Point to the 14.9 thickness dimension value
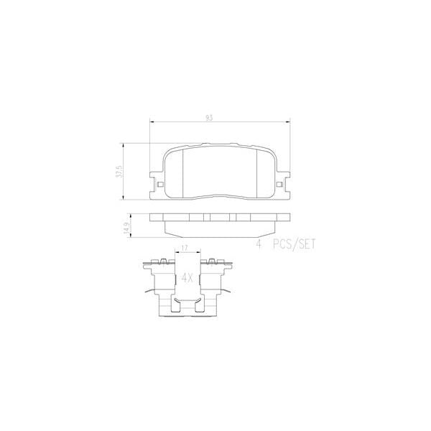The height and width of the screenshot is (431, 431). click(x=126, y=228)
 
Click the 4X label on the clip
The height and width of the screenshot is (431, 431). click(x=187, y=277)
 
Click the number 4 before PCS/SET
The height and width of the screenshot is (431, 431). click(x=258, y=244)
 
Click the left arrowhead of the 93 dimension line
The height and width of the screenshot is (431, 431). click(x=152, y=123)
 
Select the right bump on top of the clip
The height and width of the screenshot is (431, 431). click(x=212, y=260)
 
